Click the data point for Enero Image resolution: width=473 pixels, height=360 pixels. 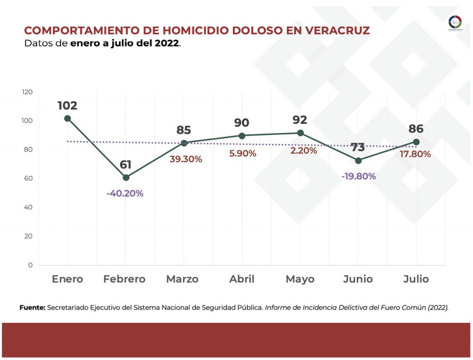(67, 118)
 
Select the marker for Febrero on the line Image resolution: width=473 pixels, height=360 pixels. (126, 177)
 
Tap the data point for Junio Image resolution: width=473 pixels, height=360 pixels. (358, 160)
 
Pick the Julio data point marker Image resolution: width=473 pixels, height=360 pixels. (416, 142)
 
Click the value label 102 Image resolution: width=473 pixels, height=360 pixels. (67, 105)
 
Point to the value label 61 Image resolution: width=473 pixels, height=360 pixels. (126, 165)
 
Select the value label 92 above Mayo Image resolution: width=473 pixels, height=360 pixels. (300, 120)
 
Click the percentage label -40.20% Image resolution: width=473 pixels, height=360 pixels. (125, 193)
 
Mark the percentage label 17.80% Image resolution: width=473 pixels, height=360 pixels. (415, 154)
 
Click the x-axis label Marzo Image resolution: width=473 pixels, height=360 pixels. (182, 279)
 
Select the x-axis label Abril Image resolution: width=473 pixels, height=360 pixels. (242, 279)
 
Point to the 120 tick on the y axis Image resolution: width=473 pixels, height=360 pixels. (27, 92)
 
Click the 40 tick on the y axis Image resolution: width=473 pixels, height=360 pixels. (29, 207)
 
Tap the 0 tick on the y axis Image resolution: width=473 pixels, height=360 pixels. (30, 265)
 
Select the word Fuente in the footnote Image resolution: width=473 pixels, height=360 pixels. (32, 307)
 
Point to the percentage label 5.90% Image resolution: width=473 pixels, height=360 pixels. (243, 153)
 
